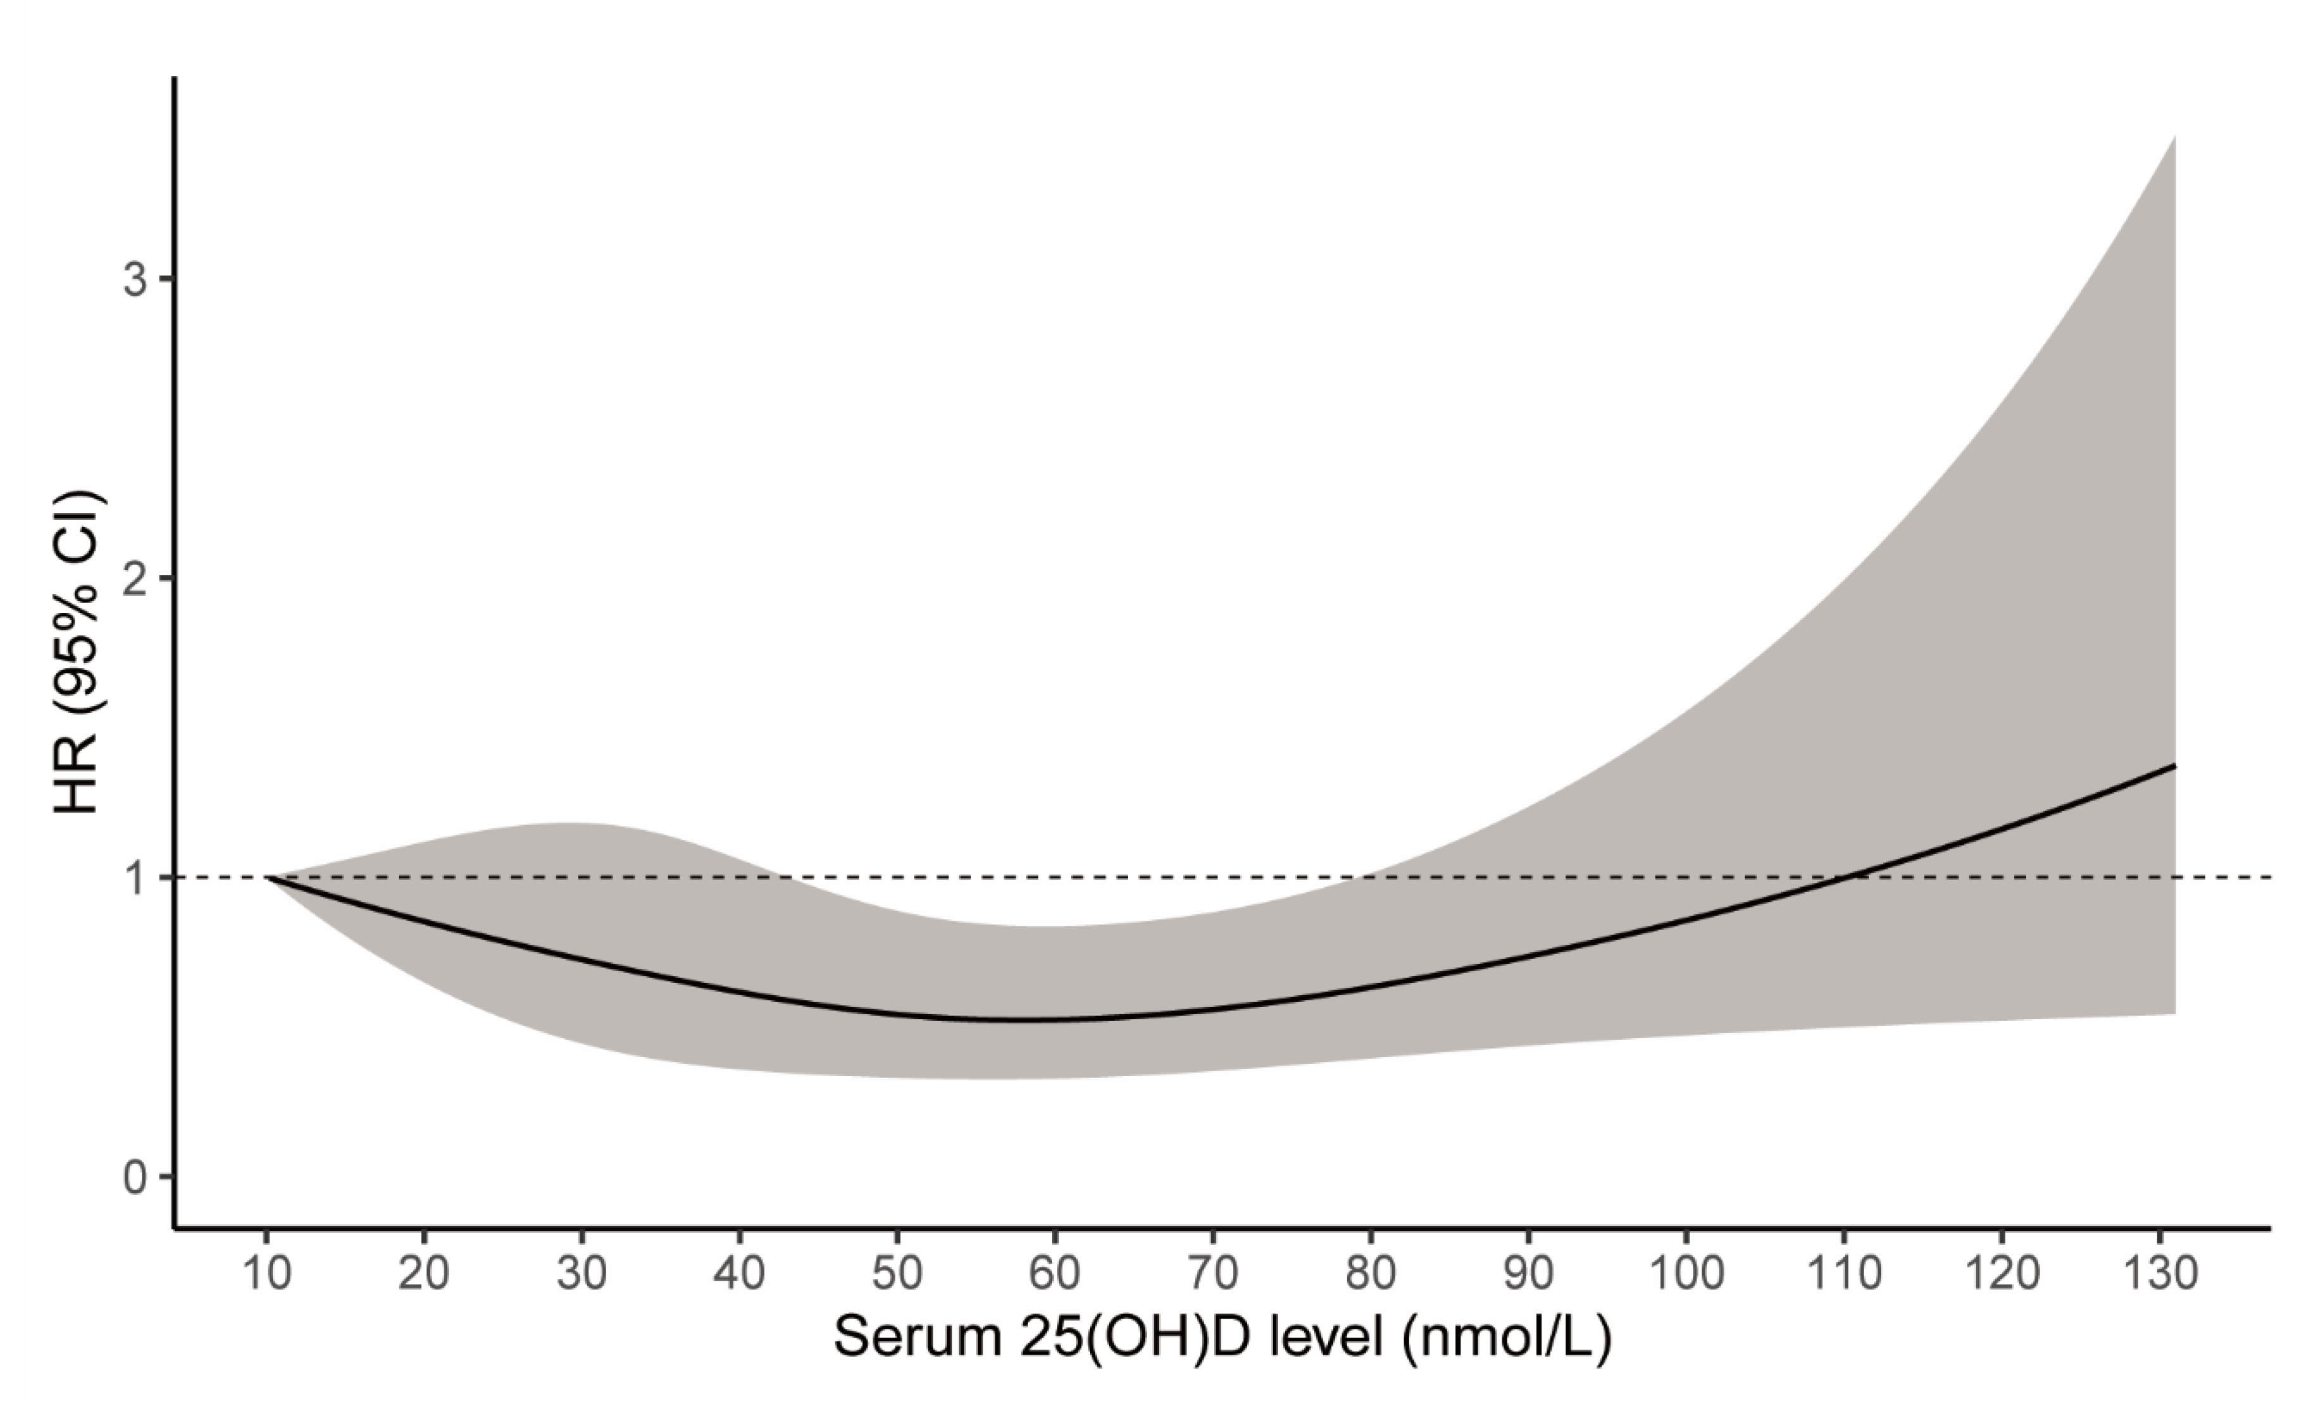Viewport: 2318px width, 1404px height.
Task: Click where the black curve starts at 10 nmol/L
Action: (x=268, y=878)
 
